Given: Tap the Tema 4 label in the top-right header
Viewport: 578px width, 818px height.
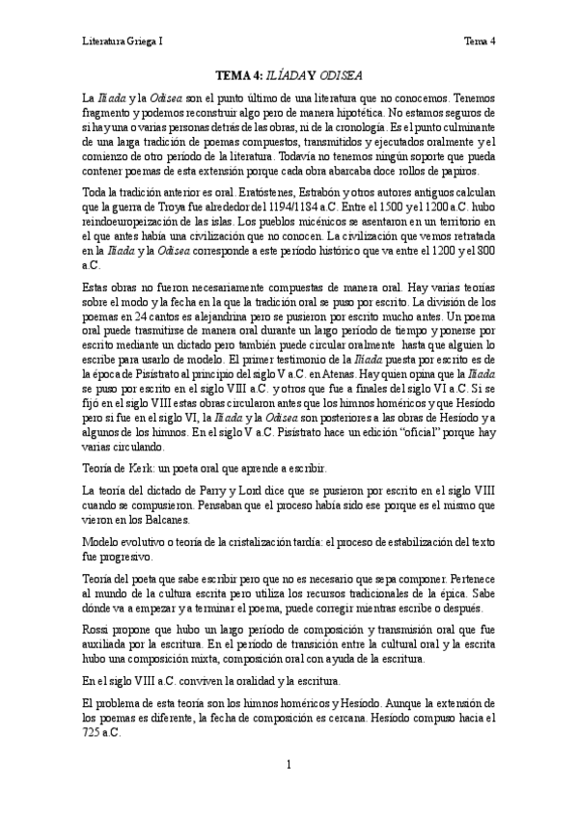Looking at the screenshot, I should coord(480,41).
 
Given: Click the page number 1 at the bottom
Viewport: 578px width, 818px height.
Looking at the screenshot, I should coord(289,765).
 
